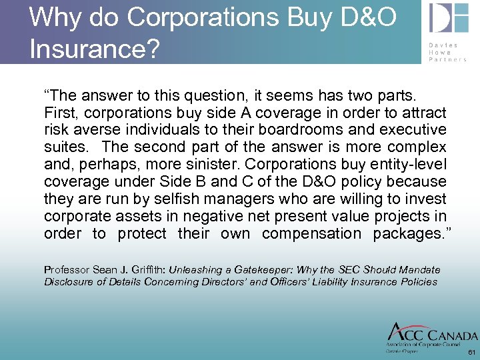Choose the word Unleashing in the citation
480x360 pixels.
click(194, 270)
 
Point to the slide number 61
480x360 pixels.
click(471, 352)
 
